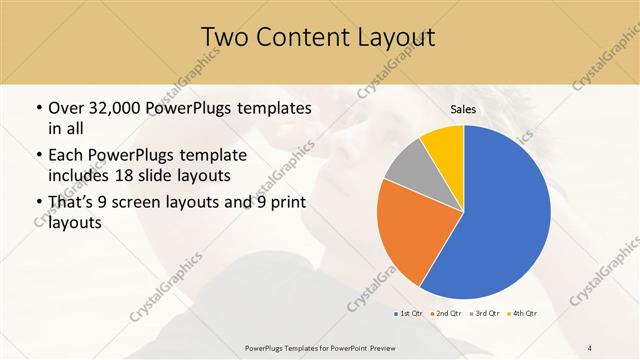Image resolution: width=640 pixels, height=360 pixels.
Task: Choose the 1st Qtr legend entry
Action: click(409, 314)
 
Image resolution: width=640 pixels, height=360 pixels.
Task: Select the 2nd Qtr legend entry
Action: click(446, 314)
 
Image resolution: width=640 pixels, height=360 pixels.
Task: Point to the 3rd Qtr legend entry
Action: click(484, 314)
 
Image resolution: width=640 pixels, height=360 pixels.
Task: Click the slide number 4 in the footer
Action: click(590, 347)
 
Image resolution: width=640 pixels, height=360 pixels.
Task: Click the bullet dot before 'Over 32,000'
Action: click(38, 108)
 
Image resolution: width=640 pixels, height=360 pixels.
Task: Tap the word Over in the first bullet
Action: click(67, 108)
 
